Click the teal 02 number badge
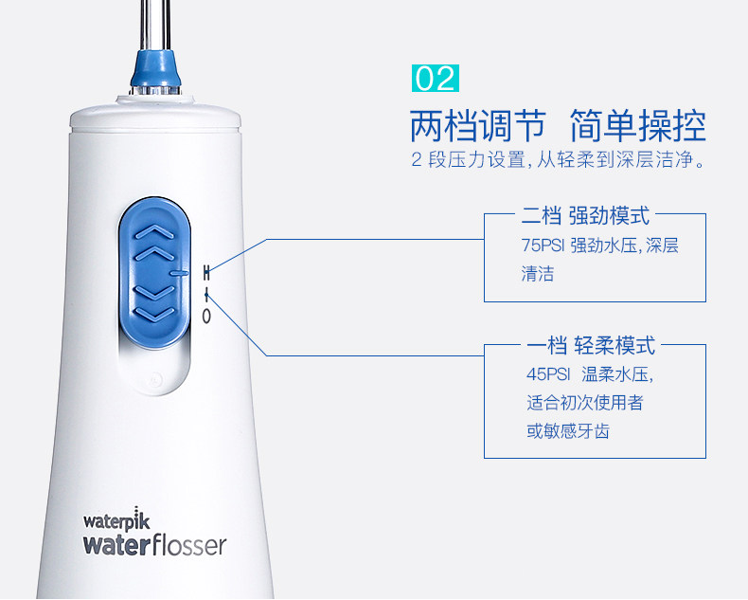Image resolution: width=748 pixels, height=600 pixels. point(435,78)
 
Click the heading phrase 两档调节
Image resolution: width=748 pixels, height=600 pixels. point(478,126)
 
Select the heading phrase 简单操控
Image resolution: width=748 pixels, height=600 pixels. point(638,126)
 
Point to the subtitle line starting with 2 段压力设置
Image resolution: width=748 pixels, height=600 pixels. point(558,159)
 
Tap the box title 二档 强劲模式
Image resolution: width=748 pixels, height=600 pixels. point(585,215)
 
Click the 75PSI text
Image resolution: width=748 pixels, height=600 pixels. point(543,245)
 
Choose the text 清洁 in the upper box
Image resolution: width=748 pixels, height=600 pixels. point(538,274)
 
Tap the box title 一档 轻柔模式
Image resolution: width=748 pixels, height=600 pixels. point(591,345)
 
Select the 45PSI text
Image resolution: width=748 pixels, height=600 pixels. point(548,374)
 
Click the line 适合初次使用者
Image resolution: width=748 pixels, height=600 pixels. point(585,403)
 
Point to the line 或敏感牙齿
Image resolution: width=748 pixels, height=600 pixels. point(568,431)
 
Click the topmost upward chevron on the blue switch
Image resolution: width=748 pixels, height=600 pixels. point(155,231)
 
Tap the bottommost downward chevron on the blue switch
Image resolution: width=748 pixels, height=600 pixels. point(155,314)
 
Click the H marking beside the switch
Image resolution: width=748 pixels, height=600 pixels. point(206,273)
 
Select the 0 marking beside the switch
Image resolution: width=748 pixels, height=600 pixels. point(206,316)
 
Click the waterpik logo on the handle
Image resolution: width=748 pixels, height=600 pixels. point(116,519)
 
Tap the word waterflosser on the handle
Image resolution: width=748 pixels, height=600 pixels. point(154,546)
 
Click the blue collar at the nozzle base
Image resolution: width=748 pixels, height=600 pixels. point(155,69)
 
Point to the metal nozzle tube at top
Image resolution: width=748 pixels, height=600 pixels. point(155,25)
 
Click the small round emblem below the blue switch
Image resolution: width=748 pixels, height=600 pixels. point(155,380)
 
